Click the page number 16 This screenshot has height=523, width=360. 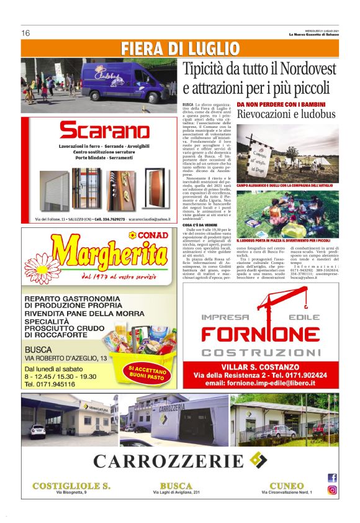[25, 33]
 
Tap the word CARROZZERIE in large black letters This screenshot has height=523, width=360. [169, 461]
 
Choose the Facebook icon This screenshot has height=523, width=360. [332, 478]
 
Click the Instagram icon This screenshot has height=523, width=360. [332, 489]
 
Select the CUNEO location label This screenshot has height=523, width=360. [286, 485]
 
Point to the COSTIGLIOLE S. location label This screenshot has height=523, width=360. [71, 485]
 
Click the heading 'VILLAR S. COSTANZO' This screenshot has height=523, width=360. [269, 367]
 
